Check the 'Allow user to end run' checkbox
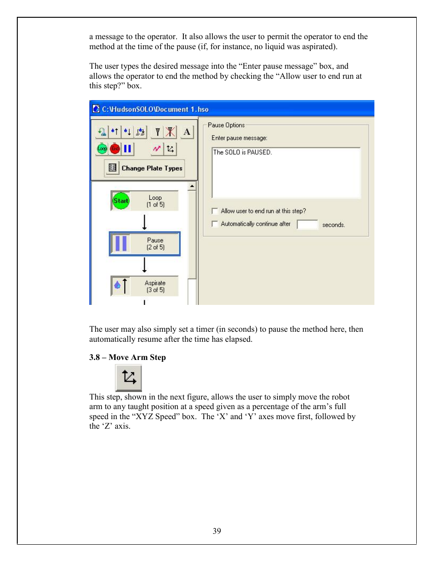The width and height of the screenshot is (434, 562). [215, 211]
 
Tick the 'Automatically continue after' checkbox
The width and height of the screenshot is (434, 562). [215, 224]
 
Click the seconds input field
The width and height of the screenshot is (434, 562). [307, 224]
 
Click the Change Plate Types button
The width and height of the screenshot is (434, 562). [145, 168]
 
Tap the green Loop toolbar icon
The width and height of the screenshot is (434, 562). [102, 149]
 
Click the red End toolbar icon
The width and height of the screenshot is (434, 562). [115, 149]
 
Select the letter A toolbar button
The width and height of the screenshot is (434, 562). [187, 132]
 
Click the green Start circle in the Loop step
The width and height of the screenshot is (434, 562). [121, 201]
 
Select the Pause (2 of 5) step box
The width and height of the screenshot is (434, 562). [145, 244]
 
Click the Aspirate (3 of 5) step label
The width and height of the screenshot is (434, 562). [155, 286]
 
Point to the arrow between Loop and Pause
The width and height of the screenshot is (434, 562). [145, 222]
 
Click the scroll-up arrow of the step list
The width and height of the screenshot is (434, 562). [192, 186]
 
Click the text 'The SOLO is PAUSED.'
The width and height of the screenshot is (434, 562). [242, 152]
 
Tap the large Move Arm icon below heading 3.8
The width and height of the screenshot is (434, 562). [129, 378]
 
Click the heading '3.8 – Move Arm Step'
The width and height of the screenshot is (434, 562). [127, 357]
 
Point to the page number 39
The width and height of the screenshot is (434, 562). [217, 531]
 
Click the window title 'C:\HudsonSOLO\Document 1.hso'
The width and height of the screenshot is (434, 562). [155, 109]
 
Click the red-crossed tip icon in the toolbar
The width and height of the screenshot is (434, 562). [170, 132]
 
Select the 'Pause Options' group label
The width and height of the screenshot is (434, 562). [226, 125]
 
